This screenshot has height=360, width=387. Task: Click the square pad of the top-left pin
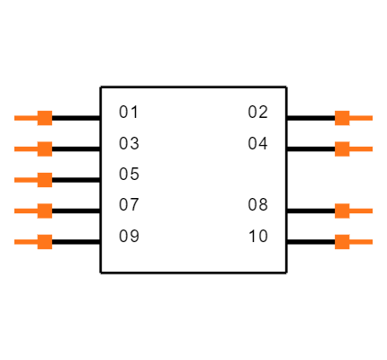click(x=44, y=118)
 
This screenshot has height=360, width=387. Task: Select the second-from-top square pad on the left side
click(x=44, y=148)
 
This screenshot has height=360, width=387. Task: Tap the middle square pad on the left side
click(x=44, y=180)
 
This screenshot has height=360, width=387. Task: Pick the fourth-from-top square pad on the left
click(x=44, y=211)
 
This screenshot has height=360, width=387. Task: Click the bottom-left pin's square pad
click(x=44, y=241)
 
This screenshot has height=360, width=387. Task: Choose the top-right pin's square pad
click(x=342, y=118)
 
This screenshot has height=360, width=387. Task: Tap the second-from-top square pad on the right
click(x=342, y=148)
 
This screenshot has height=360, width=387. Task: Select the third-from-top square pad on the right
click(x=342, y=211)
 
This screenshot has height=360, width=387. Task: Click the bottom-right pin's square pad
click(x=342, y=241)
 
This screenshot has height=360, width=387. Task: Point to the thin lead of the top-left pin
click(x=25, y=118)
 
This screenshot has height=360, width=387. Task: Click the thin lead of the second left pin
click(x=25, y=148)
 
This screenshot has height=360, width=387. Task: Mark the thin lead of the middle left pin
click(x=25, y=180)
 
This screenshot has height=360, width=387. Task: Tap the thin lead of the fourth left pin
click(x=25, y=211)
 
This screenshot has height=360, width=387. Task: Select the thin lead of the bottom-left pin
click(x=25, y=241)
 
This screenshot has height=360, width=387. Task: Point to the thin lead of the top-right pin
click(x=362, y=118)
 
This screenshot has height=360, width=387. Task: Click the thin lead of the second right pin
click(x=362, y=148)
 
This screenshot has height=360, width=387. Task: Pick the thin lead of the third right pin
click(x=362, y=211)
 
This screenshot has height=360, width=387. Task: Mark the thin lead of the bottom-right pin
click(x=362, y=241)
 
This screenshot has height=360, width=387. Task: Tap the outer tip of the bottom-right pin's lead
click(x=372, y=241)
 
